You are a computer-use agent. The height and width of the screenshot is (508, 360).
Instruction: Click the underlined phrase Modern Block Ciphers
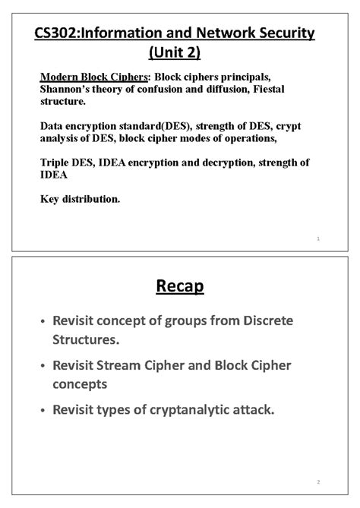tap(94, 77)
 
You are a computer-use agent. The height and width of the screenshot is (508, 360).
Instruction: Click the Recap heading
tap(180, 287)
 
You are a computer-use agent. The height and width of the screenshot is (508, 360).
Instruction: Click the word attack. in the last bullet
tap(252, 410)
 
